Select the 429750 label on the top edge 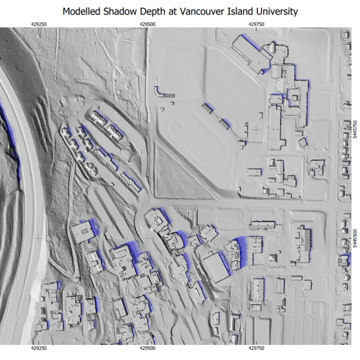coord(256,24)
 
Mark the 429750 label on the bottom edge coord(256,348)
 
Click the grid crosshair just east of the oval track coord(256,128)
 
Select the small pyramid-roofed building coord(274,259)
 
